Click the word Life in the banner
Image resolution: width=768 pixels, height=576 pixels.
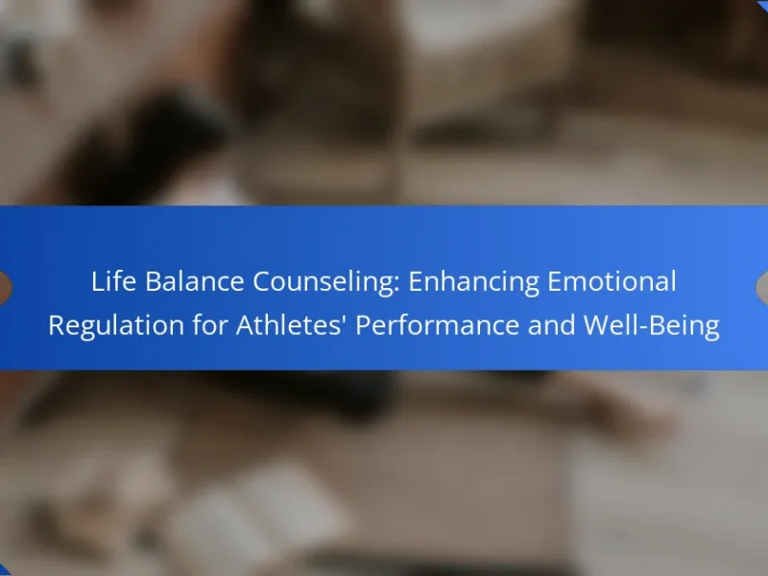tap(113, 281)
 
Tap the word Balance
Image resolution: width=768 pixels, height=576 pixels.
tap(195, 281)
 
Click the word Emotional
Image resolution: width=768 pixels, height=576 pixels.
tap(612, 281)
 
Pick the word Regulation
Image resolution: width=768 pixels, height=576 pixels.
tap(115, 326)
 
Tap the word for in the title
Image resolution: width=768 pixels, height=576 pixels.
tap(209, 324)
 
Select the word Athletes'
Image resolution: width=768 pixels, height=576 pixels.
tap(289, 324)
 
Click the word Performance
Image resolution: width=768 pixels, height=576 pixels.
tap(437, 324)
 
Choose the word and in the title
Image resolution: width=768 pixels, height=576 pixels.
tap(551, 324)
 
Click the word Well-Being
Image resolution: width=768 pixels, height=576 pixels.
tap(652, 326)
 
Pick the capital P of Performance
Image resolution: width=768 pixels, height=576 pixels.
tap(364, 325)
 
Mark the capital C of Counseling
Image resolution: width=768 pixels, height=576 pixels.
tap(262, 281)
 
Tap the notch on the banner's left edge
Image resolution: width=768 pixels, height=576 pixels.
tap(6, 288)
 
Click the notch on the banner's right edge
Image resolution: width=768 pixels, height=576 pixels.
tap(762, 288)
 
